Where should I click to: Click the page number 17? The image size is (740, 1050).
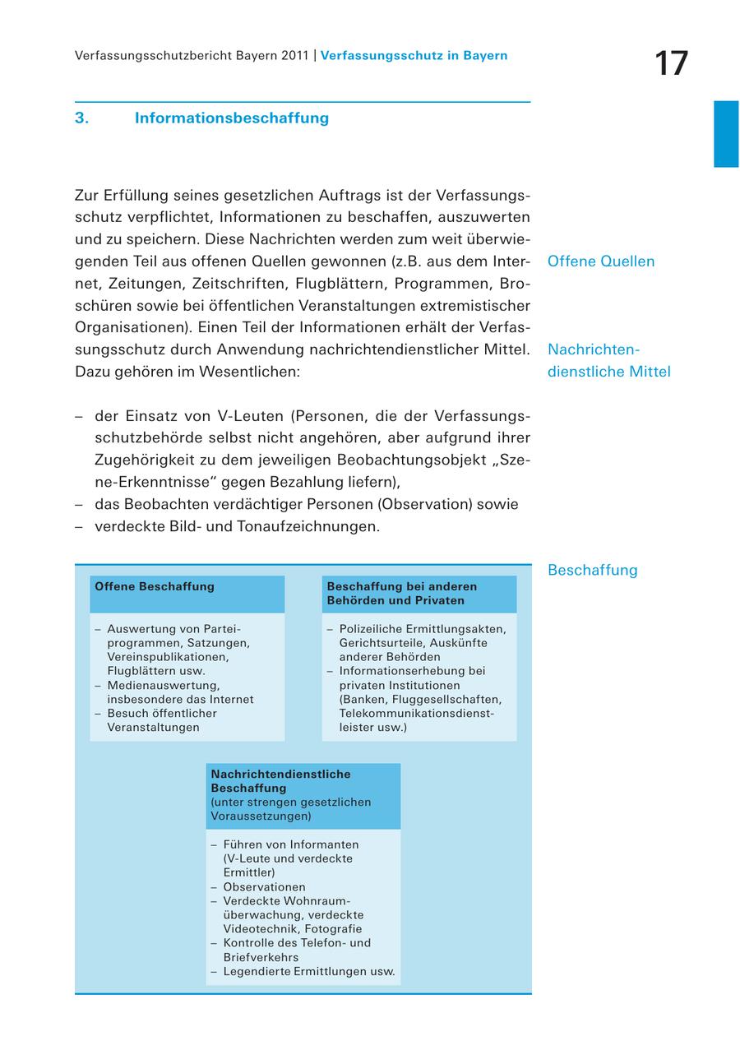point(672,64)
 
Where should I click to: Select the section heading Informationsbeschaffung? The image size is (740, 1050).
point(232,118)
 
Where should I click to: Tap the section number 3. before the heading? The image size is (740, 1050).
point(81,118)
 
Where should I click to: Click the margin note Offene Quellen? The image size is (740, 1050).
point(601,261)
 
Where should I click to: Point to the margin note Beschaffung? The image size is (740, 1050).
point(592,570)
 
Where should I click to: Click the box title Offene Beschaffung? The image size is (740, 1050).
point(155,587)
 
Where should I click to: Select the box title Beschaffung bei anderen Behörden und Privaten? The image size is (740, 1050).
point(402,594)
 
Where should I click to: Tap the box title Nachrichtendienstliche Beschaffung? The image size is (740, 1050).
point(280,780)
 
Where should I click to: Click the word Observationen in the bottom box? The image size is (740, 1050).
point(264,887)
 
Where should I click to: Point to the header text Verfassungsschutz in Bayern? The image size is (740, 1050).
point(414,56)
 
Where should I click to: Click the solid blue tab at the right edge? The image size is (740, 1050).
point(726,134)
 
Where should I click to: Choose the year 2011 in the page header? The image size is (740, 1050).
point(294,56)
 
